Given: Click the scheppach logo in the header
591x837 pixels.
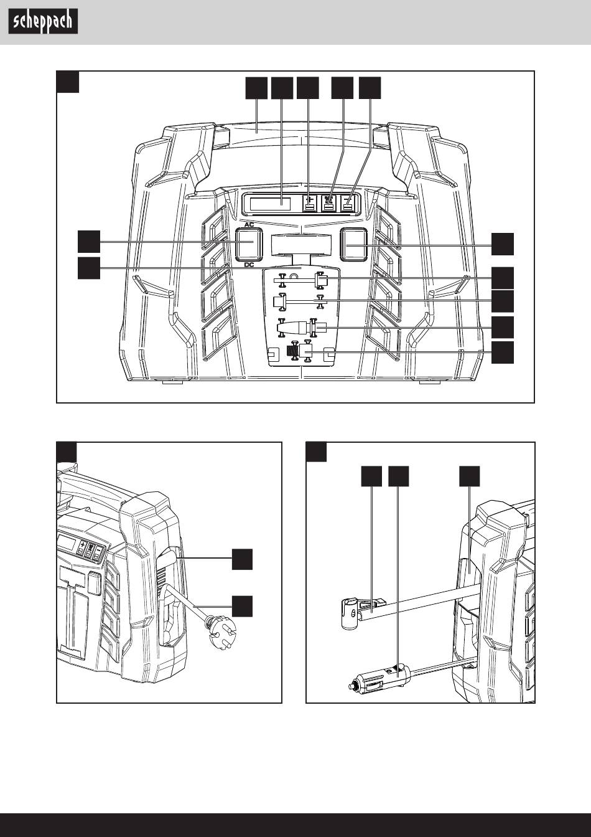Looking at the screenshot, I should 43,22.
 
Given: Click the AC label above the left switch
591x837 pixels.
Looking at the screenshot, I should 248,224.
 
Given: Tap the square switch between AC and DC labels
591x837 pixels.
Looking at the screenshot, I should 248,244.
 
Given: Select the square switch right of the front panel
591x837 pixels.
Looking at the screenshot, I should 354,244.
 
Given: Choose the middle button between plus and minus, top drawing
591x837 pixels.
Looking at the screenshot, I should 328,204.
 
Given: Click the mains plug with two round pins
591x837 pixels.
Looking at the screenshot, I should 220,625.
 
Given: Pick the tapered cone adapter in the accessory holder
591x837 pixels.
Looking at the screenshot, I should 299,327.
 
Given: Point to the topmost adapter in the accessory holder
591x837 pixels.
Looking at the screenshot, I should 321,281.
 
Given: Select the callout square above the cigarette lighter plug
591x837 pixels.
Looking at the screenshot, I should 399,476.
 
